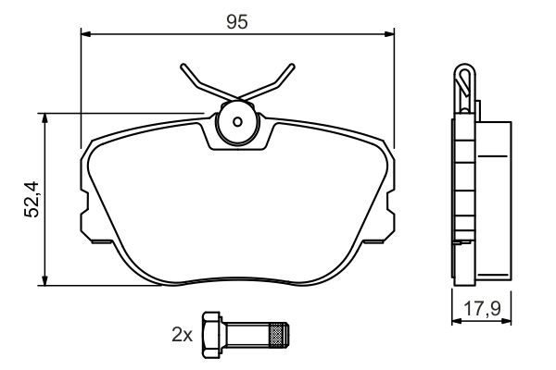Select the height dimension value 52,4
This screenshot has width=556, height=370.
point(32,198)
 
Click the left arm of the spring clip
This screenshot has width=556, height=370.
point(199,81)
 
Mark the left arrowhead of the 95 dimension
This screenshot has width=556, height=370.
point(87,35)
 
